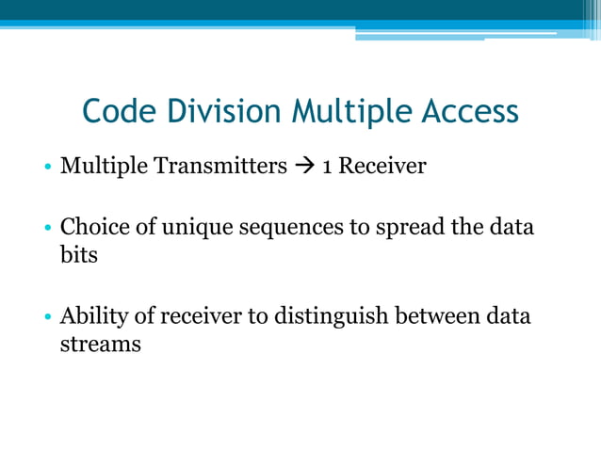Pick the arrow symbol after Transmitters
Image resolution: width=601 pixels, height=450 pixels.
[304, 167]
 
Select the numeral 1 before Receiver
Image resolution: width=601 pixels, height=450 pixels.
[326, 168]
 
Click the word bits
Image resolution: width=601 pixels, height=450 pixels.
[78, 254]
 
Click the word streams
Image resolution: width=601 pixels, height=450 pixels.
[100, 344]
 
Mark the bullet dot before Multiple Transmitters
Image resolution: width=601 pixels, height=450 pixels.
[46, 169]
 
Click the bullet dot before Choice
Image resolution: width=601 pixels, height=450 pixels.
[46, 229]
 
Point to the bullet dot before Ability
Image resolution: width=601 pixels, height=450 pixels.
[46, 317]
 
